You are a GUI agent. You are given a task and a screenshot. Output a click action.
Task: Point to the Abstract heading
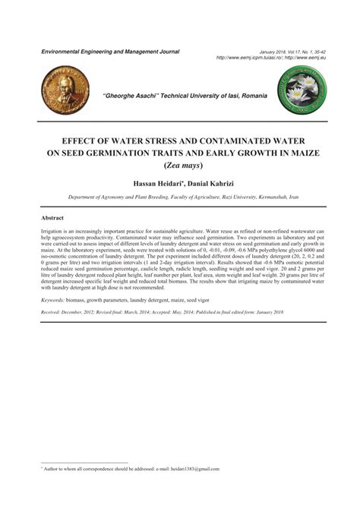(53, 217)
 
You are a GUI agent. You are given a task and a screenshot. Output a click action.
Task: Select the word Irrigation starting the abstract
(54, 229)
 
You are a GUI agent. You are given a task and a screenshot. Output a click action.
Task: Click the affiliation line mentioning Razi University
(183, 196)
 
